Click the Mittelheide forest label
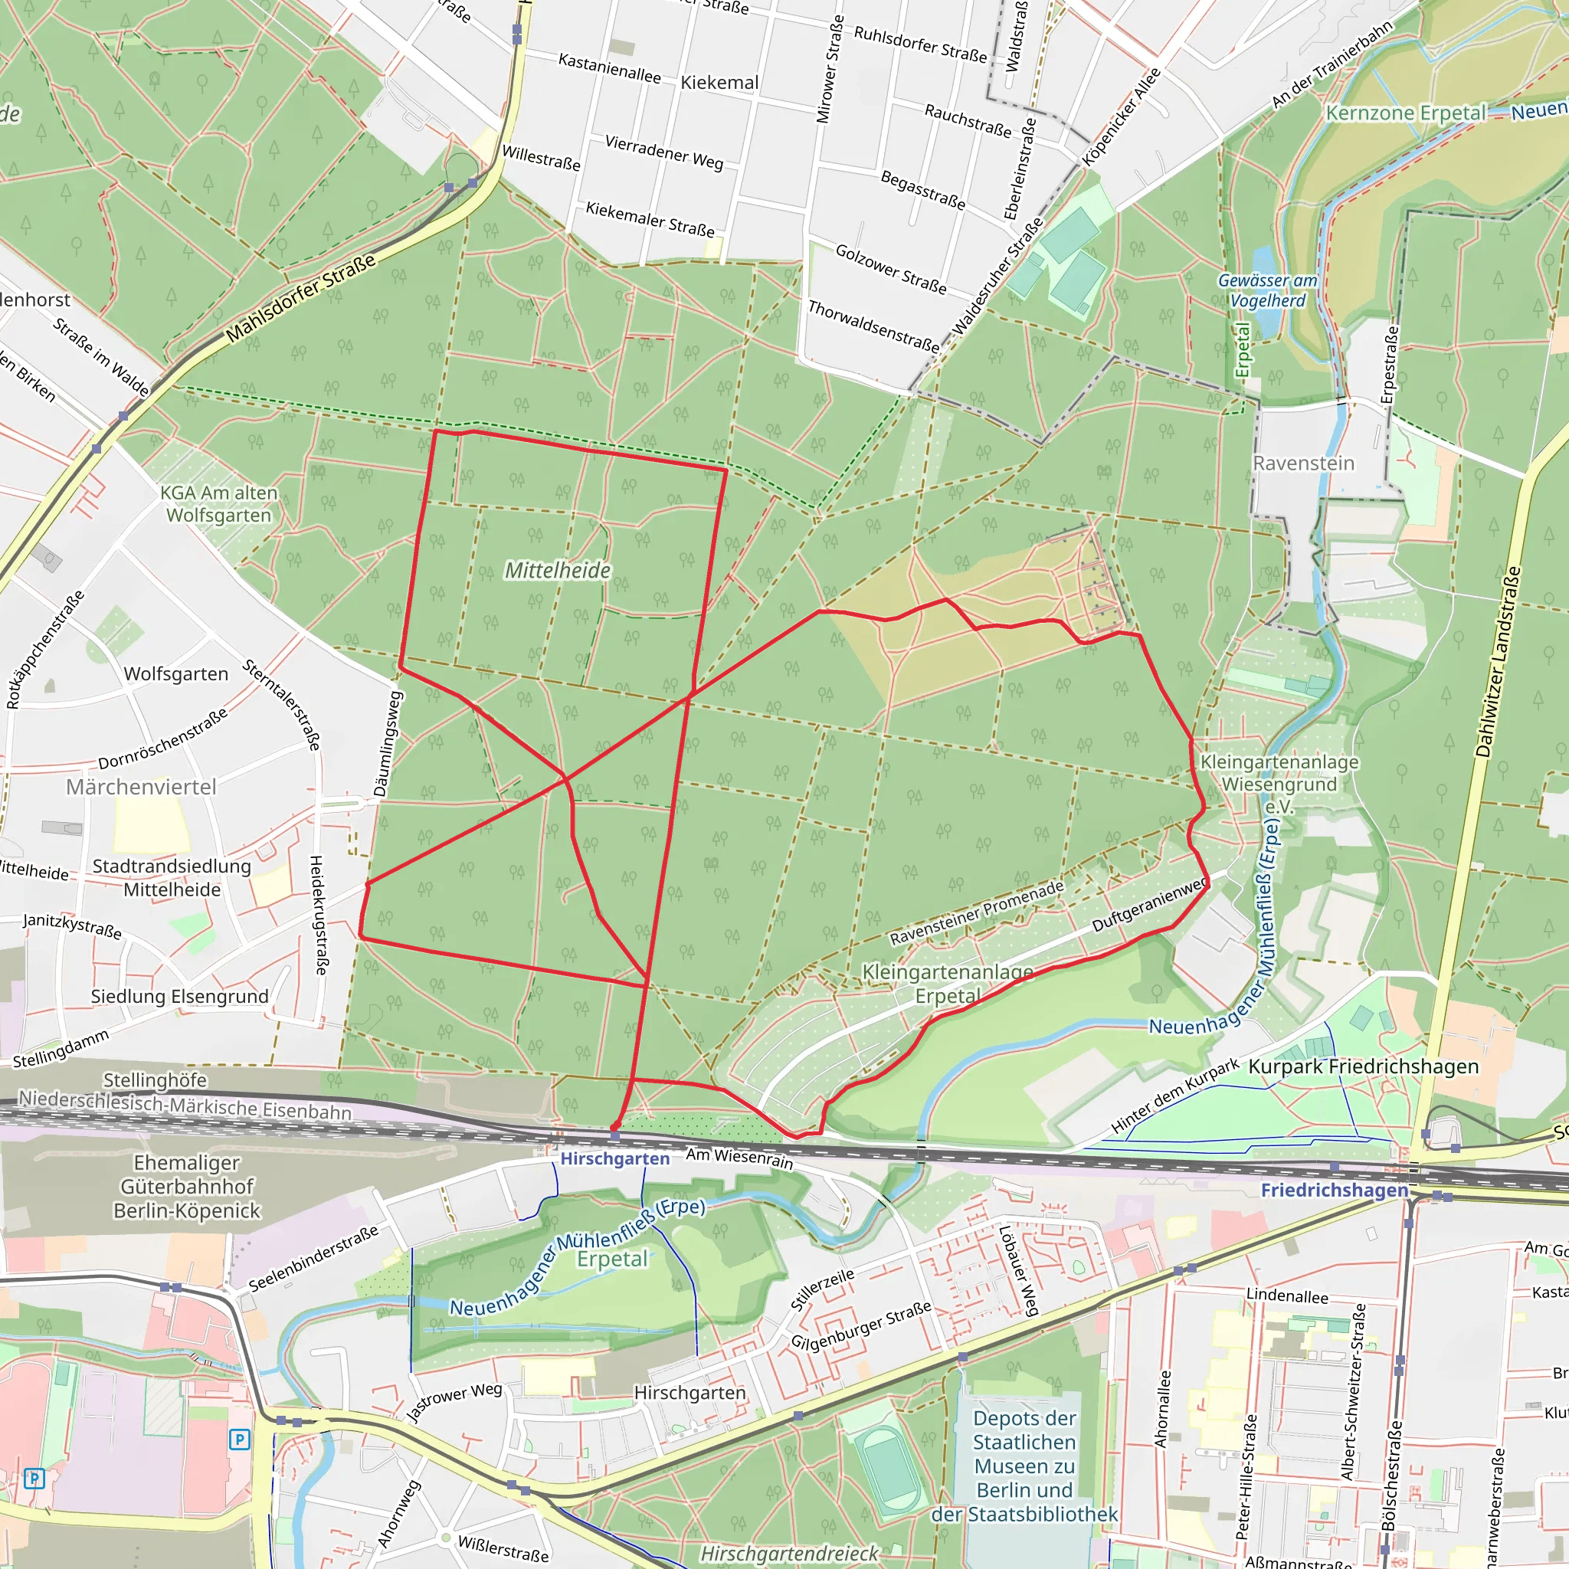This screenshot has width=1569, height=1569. (x=557, y=570)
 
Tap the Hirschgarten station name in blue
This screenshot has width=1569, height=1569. (x=614, y=1159)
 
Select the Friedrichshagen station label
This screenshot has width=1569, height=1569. (x=1335, y=1190)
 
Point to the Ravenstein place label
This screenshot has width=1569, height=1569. (x=1303, y=463)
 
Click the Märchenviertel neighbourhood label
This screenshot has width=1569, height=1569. (x=141, y=787)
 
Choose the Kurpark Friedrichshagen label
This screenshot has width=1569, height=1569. (x=1364, y=1066)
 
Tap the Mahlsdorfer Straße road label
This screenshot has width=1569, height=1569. (x=300, y=298)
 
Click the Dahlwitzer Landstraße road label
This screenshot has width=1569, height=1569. (x=1499, y=662)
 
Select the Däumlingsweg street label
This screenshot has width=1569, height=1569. (x=388, y=743)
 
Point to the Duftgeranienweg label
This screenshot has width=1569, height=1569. (x=1148, y=906)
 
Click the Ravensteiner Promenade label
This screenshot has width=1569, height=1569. (x=976, y=912)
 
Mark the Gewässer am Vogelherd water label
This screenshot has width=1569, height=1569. (x=1267, y=290)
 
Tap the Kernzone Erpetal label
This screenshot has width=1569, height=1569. (x=1406, y=113)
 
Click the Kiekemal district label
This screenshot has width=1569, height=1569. (x=719, y=83)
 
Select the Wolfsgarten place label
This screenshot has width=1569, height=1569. (x=176, y=674)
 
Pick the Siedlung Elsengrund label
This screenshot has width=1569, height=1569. (x=179, y=997)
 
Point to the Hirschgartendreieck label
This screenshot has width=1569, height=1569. (x=789, y=1554)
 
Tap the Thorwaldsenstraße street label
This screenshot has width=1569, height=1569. (x=873, y=326)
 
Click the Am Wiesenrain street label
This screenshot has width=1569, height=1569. (x=739, y=1158)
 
